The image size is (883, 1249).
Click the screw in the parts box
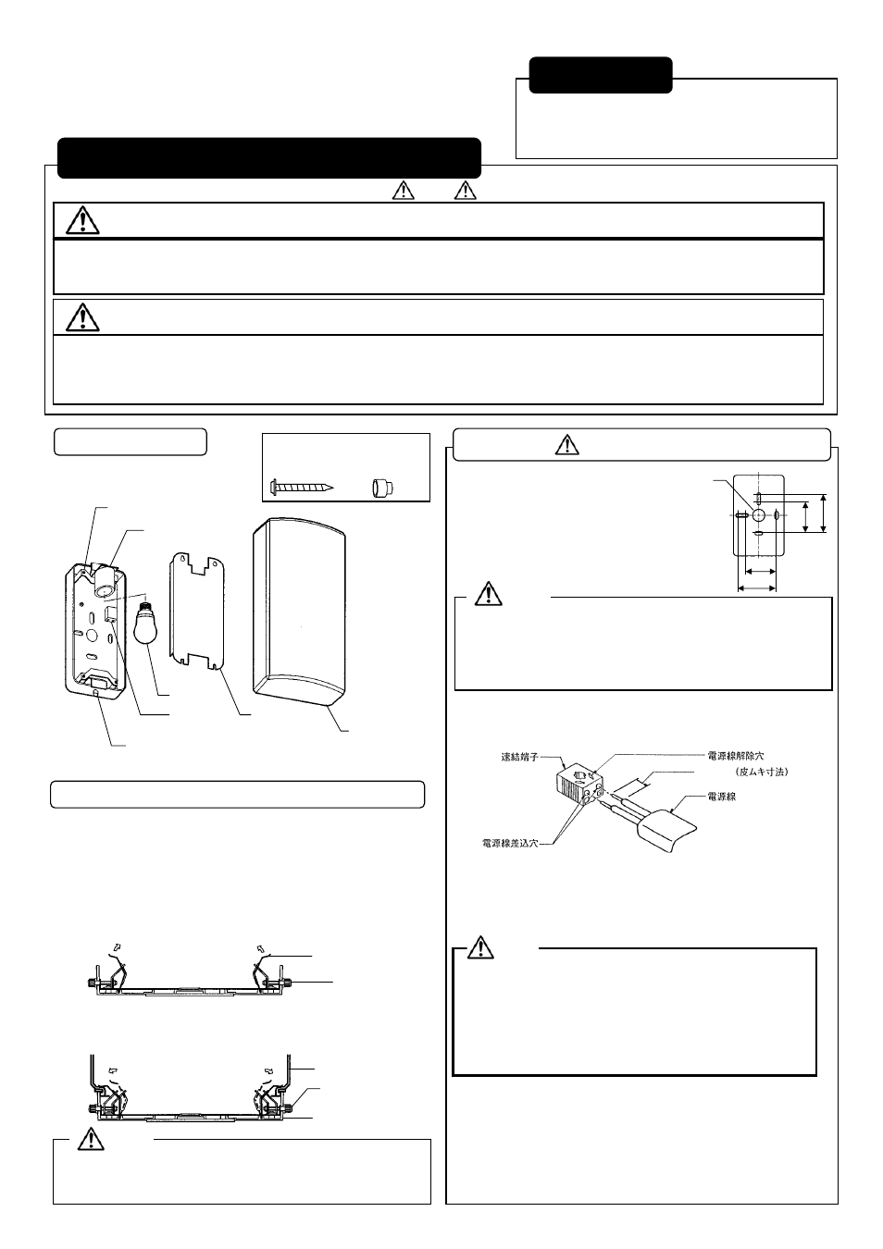(302, 486)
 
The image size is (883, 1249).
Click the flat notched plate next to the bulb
(198, 612)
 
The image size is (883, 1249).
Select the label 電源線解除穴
(736, 755)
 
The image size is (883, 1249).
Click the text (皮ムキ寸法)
(759, 771)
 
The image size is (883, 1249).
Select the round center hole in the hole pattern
(758, 515)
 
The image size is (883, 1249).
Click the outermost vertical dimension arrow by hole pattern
(822, 514)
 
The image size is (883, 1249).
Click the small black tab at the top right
(600, 75)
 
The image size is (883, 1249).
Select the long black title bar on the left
(268, 158)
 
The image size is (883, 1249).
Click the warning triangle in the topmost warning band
(83, 220)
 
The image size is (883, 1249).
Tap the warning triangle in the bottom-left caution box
(90, 1140)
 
